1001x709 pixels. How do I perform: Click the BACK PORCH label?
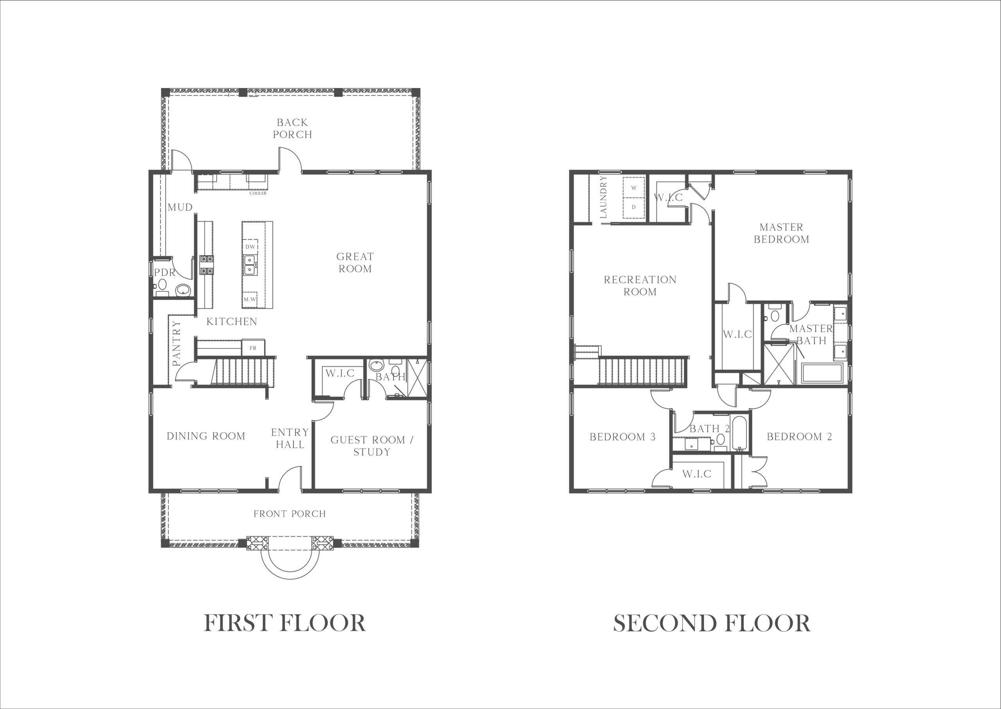tap(292, 128)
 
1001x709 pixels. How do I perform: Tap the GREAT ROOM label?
tap(355, 262)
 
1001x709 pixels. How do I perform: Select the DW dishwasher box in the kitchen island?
tap(250, 247)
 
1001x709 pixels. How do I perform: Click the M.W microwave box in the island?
tap(250, 300)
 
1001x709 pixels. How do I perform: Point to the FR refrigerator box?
tap(253, 348)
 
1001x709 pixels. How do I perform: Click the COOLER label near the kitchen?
tap(258, 193)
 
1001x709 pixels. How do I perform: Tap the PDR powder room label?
tap(165, 273)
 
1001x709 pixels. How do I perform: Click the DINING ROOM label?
tap(206, 436)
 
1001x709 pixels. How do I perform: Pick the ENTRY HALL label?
tap(290, 438)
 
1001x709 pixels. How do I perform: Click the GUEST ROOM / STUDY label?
tap(372, 446)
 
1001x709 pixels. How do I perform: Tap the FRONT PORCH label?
tap(290, 514)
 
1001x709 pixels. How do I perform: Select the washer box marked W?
tap(634, 188)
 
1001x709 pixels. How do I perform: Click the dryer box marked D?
tap(634, 207)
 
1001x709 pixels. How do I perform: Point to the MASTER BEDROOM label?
tap(781, 233)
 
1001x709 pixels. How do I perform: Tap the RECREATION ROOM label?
tap(640, 285)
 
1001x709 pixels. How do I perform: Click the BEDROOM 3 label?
tap(622, 437)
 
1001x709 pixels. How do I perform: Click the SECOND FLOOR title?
tap(712, 623)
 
